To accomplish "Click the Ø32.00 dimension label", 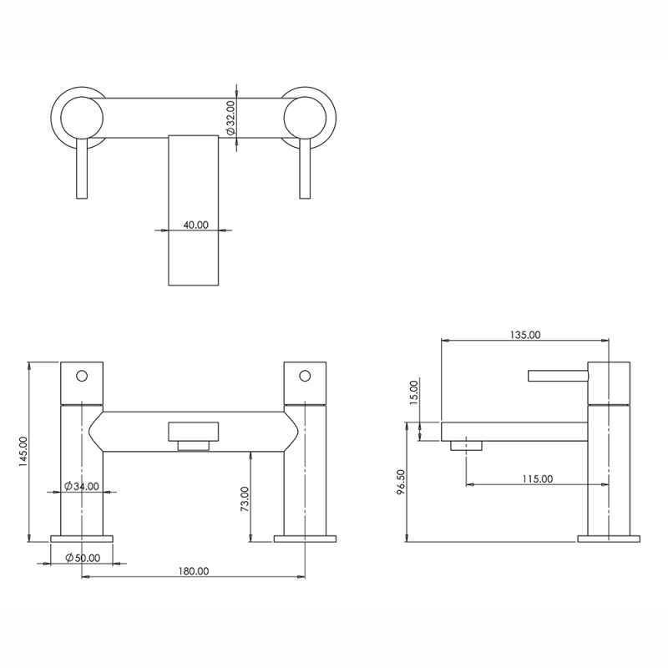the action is coord(230,118).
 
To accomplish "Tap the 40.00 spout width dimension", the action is coord(196,225).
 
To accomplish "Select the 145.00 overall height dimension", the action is coord(23,451).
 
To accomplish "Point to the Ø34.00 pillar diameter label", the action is coord(82,486).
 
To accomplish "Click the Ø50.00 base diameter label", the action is coord(83,558).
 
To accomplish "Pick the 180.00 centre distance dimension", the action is coord(194,571).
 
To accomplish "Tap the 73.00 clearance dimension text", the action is coord(245,498).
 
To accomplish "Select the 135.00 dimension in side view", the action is coord(525,335).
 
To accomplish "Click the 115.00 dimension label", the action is coord(538,478).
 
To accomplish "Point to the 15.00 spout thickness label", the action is coord(414,392).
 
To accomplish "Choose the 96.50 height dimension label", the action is coord(401,482).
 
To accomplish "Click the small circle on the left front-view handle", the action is coord(82,376).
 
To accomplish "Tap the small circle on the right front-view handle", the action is coord(305,376).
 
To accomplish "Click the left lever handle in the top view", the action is coord(82,169).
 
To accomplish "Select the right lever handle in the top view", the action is coord(305,169).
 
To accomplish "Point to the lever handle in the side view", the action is coord(558,376).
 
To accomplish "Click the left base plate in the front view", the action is coord(82,539).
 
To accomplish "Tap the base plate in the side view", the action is coord(609,539).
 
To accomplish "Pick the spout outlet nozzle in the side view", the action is coord(466,446).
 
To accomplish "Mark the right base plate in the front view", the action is coord(305,539).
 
